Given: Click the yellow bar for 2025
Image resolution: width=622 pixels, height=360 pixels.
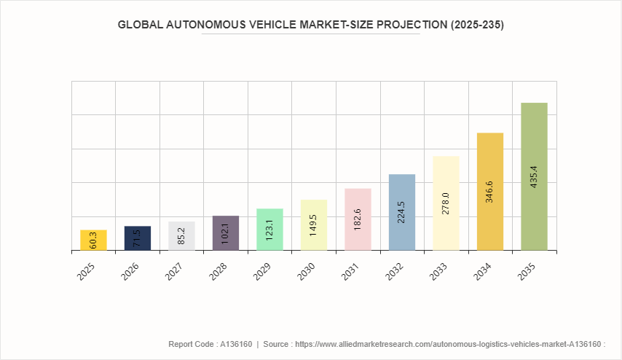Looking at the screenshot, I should pos(93,240).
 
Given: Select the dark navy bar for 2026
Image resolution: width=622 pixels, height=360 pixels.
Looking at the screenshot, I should pos(138,238).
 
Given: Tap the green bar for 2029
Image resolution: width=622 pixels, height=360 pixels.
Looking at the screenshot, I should pos(269,230).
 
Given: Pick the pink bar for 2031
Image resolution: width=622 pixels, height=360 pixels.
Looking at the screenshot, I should pos(358,219).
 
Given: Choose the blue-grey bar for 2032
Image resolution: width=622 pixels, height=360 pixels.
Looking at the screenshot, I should pos(402,212).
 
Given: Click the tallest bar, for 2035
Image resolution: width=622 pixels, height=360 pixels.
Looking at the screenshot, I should pos(534,176).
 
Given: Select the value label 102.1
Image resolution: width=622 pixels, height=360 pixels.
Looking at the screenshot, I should pos(226,234).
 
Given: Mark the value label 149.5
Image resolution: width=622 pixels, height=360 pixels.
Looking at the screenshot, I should pos(314,227).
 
